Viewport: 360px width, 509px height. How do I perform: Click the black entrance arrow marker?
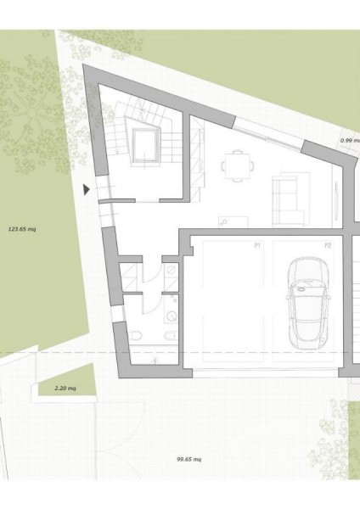86,189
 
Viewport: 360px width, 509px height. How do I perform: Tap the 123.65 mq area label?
22,229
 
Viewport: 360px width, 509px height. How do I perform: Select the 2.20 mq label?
65,388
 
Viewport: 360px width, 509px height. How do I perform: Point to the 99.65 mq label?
188,459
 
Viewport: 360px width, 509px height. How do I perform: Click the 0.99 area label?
351,141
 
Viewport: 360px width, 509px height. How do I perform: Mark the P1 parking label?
257,246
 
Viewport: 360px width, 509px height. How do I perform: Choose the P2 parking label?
328,246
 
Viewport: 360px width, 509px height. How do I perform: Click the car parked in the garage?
308,303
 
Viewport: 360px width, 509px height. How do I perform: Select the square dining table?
238,165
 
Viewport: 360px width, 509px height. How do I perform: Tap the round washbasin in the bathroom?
171,316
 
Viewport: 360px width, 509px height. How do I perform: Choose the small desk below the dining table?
233,221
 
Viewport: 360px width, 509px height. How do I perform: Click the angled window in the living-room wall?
267,135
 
